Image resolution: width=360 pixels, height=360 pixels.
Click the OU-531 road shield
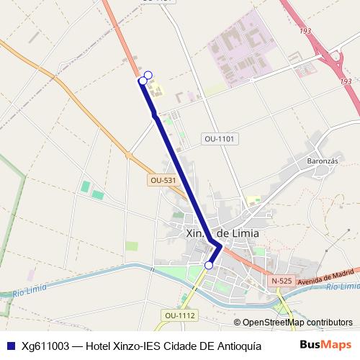point(163,180)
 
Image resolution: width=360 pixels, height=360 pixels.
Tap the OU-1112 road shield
point(179,315)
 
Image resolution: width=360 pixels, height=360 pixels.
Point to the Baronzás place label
point(322,161)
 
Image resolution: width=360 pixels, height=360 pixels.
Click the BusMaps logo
point(326,345)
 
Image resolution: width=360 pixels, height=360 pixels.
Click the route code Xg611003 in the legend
point(45,345)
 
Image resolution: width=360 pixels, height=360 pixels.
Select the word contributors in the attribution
point(330,323)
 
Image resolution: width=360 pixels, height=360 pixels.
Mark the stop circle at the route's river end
point(209,266)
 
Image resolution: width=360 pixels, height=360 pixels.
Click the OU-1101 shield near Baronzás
point(220,138)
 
